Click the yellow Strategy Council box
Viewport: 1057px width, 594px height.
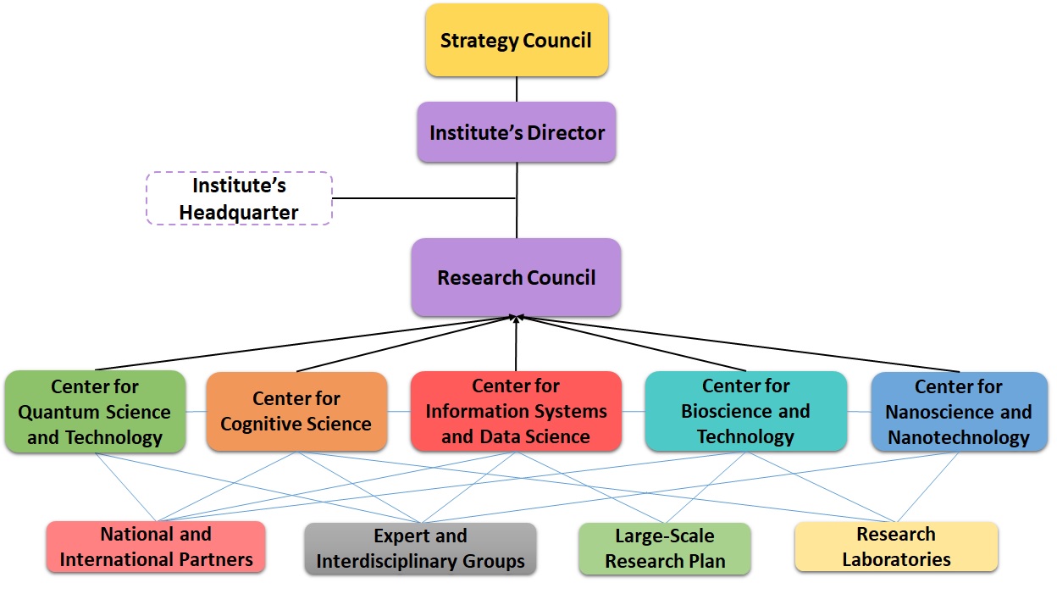pyautogui.click(x=516, y=40)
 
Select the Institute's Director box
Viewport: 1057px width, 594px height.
pyautogui.click(x=516, y=132)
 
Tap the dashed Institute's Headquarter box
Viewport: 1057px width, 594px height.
pyautogui.click(x=239, y=199)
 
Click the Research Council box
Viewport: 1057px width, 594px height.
pyautogui.click(x=516, y=277)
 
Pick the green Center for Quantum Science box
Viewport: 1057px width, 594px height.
pyautogui.click(x=95, y=412)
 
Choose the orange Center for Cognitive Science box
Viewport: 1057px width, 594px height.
pyautogui.click(x=296, y=411)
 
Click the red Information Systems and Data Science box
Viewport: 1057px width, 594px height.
pyautogui.click(x=516, y=411)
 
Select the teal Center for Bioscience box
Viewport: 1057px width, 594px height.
pyautogui.click(x=745, y=411)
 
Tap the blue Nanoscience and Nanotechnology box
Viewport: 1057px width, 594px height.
pyautogui.click(x=959, y=412)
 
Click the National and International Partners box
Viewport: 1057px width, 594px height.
pyautogui.click(x=156, y=547)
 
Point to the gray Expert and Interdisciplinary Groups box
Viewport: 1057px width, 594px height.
pyautogui.click(x=420, y=548)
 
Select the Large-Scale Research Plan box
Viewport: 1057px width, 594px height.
pyautogui.click(x=665, y=548)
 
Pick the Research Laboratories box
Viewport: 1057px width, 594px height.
pyautogui.click(x=896, y=547)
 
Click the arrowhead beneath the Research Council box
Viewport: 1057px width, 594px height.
pyautogui.click(x=516, y=319)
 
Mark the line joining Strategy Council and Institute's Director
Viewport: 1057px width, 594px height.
pyautogui.click(x=516, y=89)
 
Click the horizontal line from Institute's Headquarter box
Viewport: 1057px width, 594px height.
pyautogui.click(x=423, y=199)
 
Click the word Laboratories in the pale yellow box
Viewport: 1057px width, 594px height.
pyautogui.click(x=896, y=559)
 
